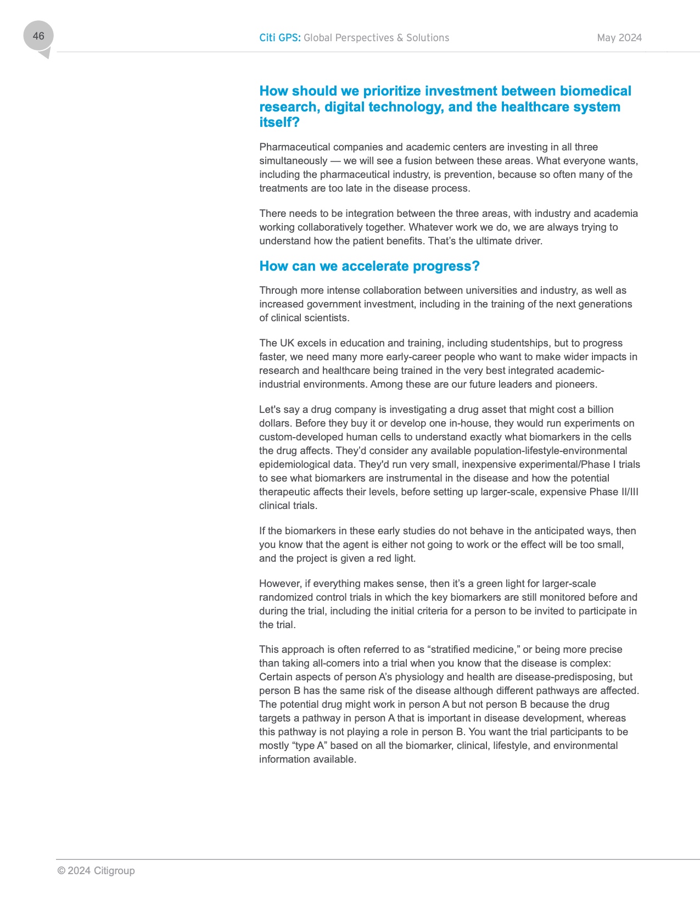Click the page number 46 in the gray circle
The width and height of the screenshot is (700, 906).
point(38,36)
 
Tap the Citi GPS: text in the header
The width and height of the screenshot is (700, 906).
point(279,38)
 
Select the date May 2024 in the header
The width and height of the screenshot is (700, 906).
point(619,38)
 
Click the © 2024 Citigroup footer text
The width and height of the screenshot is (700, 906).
point(96,871)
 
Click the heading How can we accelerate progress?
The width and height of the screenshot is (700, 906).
point(369,266)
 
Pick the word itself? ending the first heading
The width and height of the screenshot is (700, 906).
point(279,122)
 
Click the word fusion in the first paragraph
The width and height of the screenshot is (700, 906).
point(419,161)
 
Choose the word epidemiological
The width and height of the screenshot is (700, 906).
point(294,465)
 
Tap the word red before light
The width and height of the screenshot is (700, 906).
point(385,558)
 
